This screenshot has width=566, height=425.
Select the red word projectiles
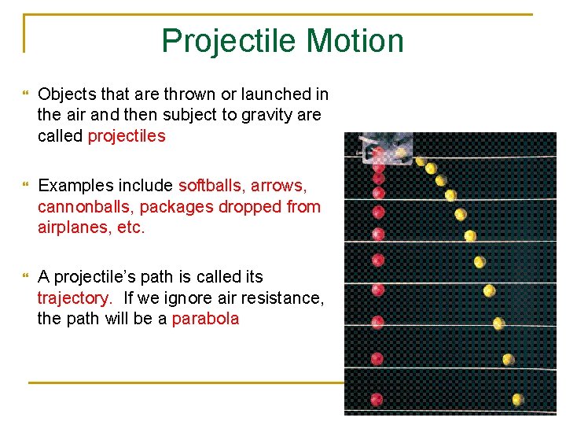click(x=127, y=136)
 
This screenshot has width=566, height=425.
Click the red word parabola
click(x=205, y=319)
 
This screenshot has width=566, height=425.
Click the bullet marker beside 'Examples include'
click(x=25, y=187)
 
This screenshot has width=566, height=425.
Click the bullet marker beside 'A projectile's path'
click(x=25, y=278)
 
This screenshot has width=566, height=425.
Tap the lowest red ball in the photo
click(x=377, y=400)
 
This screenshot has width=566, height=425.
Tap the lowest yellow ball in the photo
click(x=517, y=400)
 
